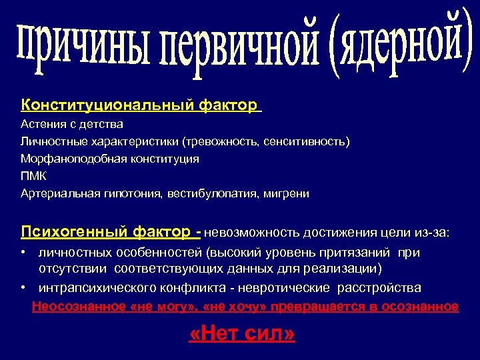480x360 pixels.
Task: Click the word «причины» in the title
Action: [77, 50]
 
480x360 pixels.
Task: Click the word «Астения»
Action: [43, 124]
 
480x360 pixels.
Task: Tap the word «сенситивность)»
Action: [306, 141]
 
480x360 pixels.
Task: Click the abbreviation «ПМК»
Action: [34, 177]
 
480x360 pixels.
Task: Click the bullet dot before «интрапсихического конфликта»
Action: [23, 287]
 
